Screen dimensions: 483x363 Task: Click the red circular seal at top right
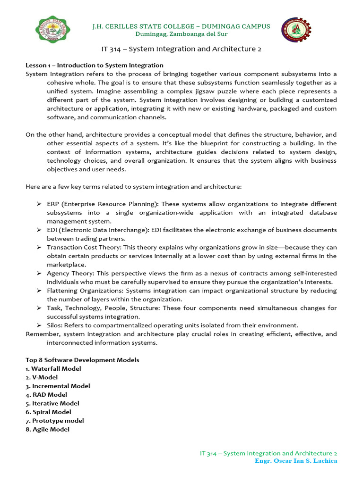[x=296, y=32]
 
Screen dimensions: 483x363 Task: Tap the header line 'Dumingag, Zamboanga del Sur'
[x=181, y=34]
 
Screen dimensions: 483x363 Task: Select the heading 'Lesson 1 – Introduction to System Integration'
[x=95, y=65]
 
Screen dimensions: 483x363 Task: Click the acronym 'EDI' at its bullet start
[x=52, y=230]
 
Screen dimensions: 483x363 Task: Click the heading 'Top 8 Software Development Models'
[x=82, y=360]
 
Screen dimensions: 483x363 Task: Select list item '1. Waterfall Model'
[x=53, y=368]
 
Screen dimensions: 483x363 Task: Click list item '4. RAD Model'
[x=46, y=394]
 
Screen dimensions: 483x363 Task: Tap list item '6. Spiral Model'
[x=48, y=412]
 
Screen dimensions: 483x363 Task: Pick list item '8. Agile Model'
[x=47, y=429]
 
